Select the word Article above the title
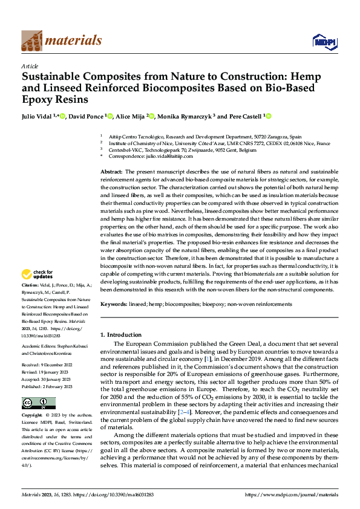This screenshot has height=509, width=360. pos(30,66)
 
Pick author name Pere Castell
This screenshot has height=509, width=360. pos(245,116)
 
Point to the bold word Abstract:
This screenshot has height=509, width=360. pos(111,172)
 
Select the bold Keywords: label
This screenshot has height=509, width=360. pos(114,304)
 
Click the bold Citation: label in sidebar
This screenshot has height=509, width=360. pos(30,284)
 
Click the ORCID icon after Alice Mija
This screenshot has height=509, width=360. pos(152,116)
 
